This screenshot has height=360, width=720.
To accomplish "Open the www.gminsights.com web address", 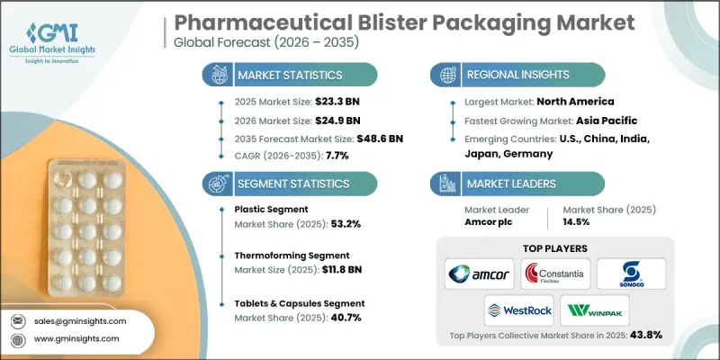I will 77,339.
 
